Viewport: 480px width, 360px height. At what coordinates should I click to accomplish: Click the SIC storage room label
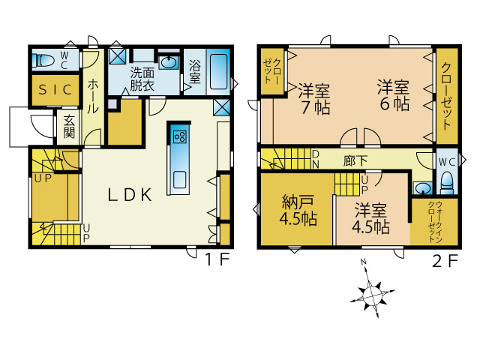click(x=55, y=90)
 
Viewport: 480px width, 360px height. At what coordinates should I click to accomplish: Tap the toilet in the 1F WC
click(x=43, y=60)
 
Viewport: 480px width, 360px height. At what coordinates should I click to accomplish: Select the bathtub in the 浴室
click(x=218, y=72)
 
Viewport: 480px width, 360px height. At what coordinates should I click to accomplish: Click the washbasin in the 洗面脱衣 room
click(x=168, y=62)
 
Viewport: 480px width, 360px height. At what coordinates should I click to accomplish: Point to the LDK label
click(x=130, y=195)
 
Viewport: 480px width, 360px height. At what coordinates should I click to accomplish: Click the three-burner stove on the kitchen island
click(x=179, y=136)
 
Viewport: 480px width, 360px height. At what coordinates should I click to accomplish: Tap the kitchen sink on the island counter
click(x=179, y=180)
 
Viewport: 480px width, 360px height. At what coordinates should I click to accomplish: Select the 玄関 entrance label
click(x=69, y=127)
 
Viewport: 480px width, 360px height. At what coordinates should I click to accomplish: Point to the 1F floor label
click(x=217, y=259)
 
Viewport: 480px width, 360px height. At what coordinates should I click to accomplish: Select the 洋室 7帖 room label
click(x=314, y=98)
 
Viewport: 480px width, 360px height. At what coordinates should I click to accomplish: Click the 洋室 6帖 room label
click(x=393, y=95)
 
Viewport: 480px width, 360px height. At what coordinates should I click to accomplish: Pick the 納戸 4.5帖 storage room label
click(x=298, y=210)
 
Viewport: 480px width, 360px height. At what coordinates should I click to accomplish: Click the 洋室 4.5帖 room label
click(x=370, y=218)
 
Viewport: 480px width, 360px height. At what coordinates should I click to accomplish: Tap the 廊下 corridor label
click(x=355, y=160)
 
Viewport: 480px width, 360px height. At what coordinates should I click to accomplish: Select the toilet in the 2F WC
click(x=447, y=183)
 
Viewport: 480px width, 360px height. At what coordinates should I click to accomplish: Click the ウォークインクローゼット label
click(x=435, y=222)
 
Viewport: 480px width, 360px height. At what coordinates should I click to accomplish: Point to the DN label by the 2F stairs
click(x=316, y=159)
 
